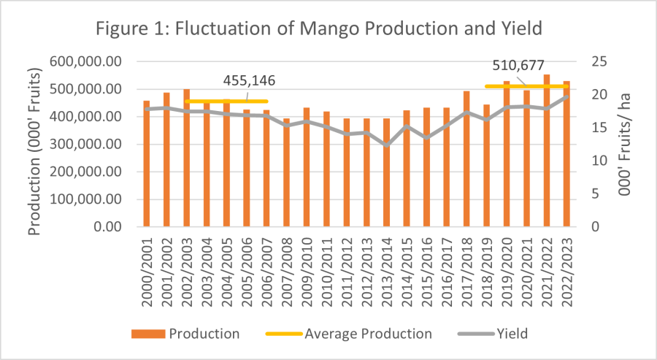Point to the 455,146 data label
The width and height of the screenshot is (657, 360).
point(249,80)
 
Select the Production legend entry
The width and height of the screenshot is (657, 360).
point(185,334)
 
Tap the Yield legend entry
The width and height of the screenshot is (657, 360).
point(491,334)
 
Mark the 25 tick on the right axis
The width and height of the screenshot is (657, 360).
point(598,62)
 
